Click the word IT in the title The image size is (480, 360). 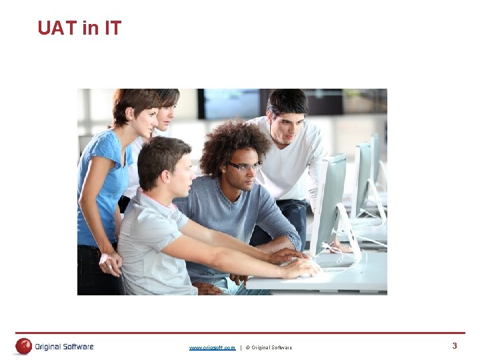(x=111, y=28)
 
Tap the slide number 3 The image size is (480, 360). (x=455, y=345)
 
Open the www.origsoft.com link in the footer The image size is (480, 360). (x=212, y=347)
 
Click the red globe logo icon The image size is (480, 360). (x=24, y=346)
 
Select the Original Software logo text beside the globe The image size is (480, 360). (x=65, y=347)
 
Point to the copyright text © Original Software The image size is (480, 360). (x=269, y=347)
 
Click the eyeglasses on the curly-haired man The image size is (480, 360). (x=244, y=166)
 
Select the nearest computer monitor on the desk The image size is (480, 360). (x=329, y=200)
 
